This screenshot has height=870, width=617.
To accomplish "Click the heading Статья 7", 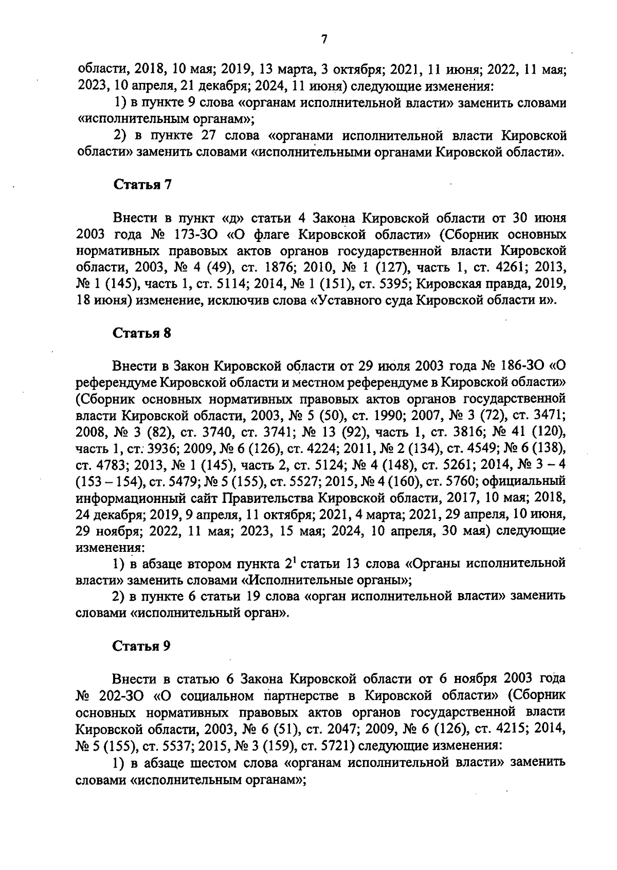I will [141, 185].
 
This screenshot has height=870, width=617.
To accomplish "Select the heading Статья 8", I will [141, 333].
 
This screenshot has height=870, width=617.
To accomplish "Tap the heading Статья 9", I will [141, 647].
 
